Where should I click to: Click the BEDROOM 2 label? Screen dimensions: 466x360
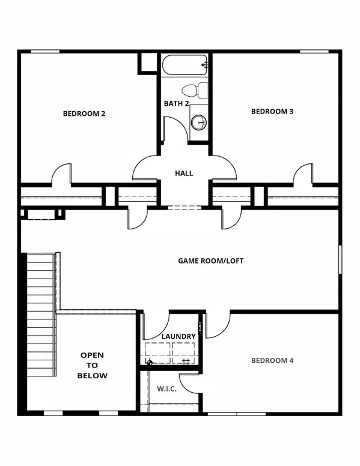[84, 112]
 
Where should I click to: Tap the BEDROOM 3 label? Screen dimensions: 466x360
[272, 110]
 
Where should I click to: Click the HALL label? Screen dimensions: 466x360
[184, 173]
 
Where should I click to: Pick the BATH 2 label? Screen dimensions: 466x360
[177, 103]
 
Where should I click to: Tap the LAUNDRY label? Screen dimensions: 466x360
[178, 336]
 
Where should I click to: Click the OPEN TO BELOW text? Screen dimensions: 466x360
[93, 365]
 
